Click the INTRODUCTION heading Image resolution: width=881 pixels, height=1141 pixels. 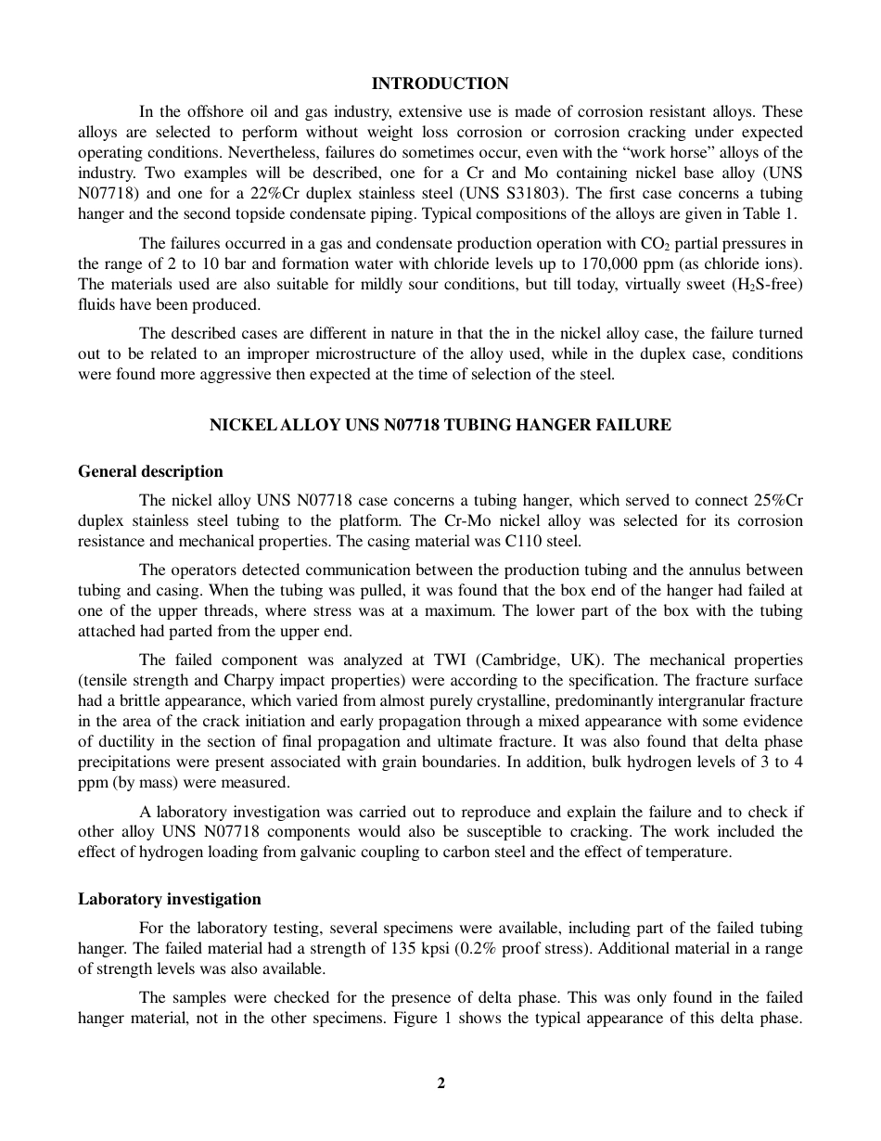tap(440, 84)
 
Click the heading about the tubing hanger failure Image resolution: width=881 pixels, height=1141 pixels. tap(440, 426)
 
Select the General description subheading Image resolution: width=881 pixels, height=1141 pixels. tap(150, 471)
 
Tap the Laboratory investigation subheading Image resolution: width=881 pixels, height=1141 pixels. tap(170, 899)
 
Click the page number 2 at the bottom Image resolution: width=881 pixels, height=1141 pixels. tap(441, 1083)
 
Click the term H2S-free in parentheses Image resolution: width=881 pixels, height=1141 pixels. tap(766, 284)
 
